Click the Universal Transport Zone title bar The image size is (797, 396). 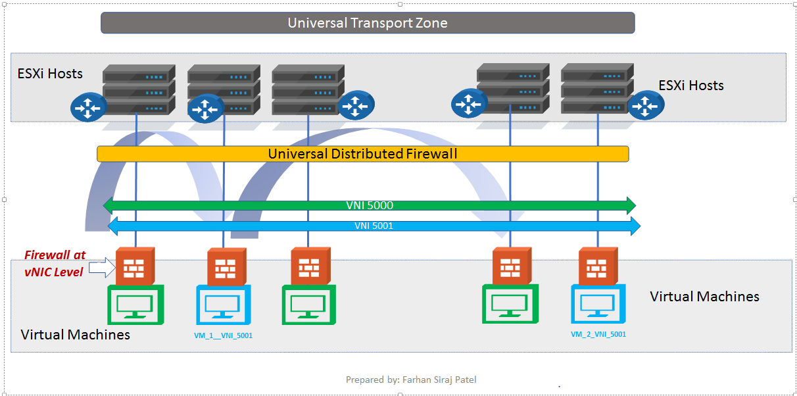367,23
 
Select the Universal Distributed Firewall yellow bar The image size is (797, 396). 362,154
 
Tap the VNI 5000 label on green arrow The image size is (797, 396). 369,205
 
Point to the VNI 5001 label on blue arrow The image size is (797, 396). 373,226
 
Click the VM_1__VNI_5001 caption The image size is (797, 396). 224,335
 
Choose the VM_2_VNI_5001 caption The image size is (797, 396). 598,334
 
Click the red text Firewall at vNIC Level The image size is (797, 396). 55,263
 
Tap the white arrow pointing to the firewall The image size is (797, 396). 101,267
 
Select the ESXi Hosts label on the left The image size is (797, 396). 50,73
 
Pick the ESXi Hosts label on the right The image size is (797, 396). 690,86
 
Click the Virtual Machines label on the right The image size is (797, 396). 704,297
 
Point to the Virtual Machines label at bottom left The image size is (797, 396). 75,335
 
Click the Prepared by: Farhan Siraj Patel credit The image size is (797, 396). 411,380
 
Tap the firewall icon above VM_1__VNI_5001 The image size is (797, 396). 227,267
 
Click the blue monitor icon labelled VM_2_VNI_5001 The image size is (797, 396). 598,304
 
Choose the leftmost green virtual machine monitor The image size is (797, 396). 135,305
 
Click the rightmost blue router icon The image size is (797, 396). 646,105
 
